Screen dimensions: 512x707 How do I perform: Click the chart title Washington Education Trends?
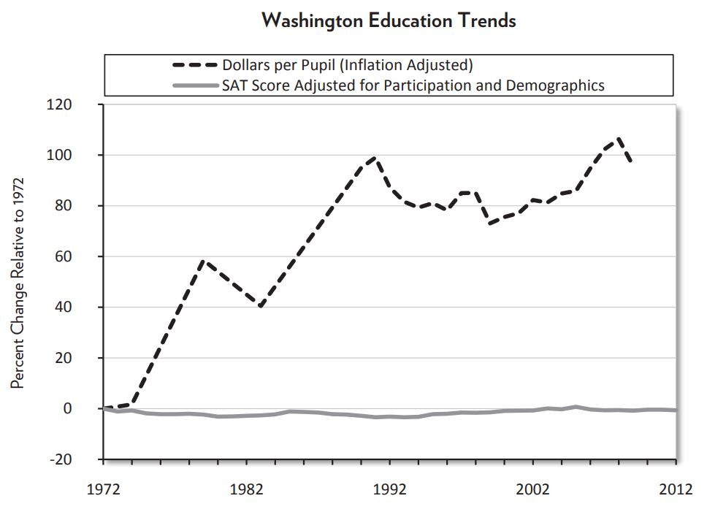click(x=388, y=20)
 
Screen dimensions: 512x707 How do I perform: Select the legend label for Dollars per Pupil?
click(x=348, y=65)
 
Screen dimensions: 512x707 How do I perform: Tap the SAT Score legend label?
click(x=413, y=85)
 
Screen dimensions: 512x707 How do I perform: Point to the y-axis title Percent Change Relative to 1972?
click(x=18, y=282)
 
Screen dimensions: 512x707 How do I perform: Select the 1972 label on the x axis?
click(x=104, y=489)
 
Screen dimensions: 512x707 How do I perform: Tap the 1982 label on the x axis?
click(x=247, y=489)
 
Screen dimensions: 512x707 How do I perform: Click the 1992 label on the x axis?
click(x=390, y=489)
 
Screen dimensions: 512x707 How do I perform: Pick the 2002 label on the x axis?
click(x=533, y=489)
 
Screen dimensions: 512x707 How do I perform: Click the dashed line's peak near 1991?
click(x=375, y=157)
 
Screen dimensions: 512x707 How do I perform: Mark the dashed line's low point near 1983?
click(x=261, y=307)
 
